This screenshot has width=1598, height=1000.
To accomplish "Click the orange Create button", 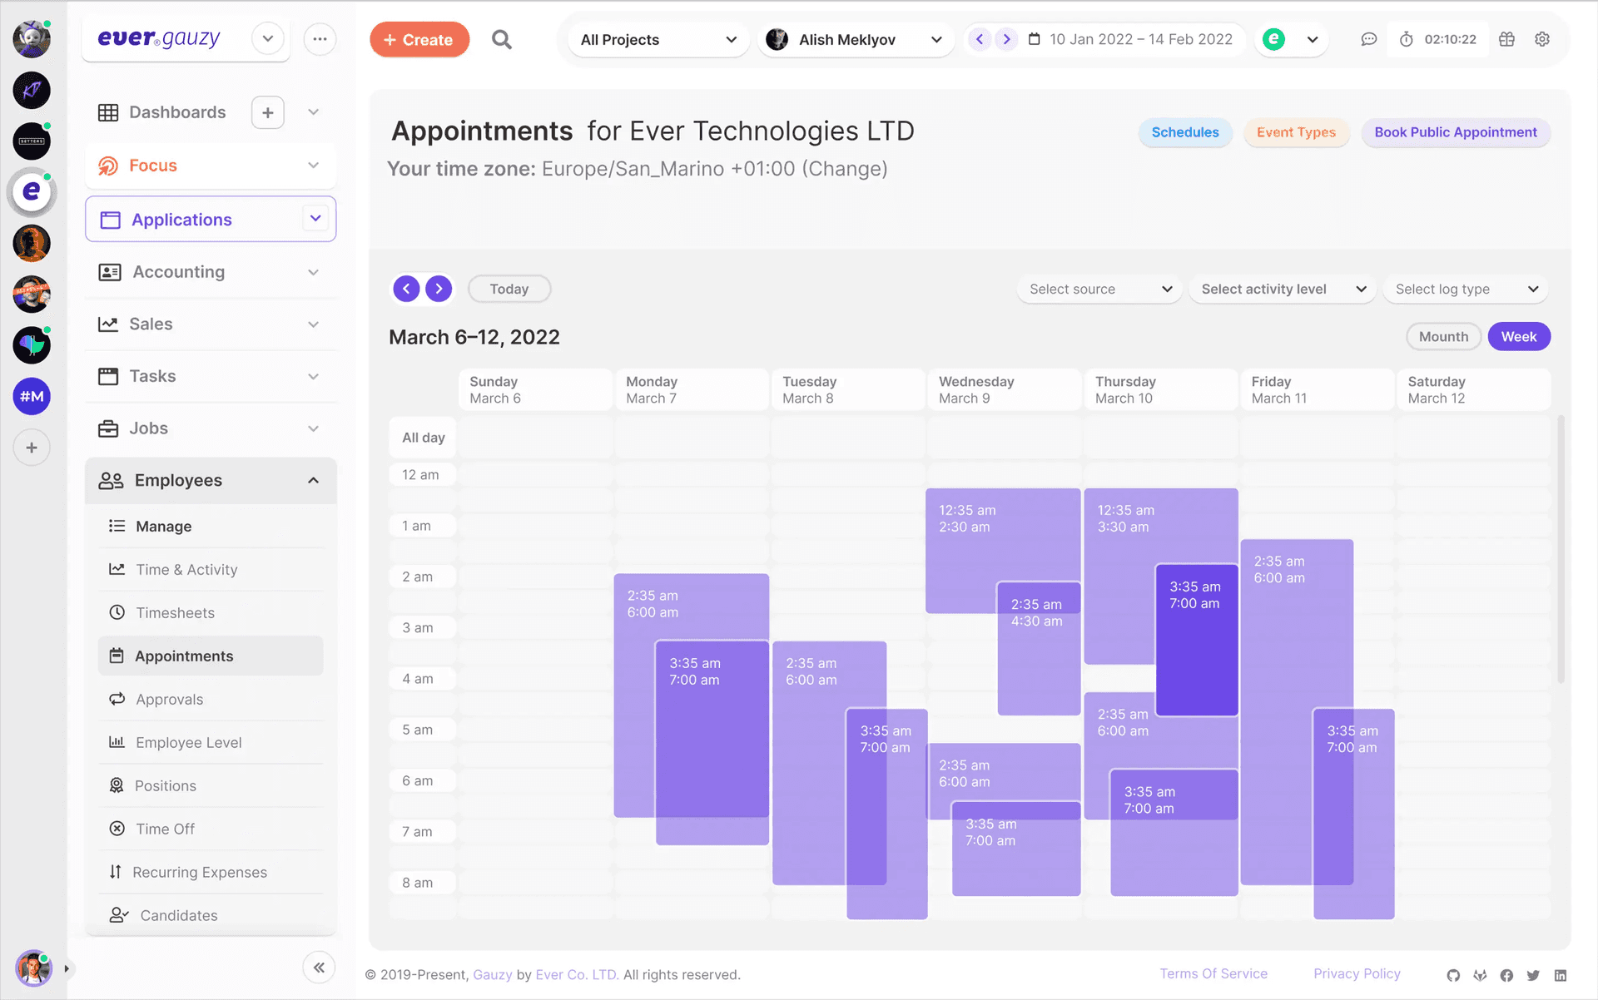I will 419,40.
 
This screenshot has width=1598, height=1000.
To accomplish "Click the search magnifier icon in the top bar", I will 501,40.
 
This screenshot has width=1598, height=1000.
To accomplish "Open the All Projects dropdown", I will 658,40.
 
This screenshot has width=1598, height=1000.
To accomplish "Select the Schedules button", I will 1184,132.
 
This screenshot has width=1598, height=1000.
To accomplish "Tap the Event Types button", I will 1296,132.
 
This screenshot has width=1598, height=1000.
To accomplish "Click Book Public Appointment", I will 1455,132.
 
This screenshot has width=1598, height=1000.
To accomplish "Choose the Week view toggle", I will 1518,337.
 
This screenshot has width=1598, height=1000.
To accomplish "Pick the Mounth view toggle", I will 1443,337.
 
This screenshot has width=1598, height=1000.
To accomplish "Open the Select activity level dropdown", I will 1283,290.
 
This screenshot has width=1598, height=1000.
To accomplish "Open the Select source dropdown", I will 1099,290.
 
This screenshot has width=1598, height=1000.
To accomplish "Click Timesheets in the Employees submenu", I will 175,613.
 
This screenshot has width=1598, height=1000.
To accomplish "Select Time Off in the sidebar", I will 165,829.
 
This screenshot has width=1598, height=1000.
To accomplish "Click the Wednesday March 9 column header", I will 1004,390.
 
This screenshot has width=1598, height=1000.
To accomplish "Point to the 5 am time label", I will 418,730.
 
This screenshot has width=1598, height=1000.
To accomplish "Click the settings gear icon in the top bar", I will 1542,40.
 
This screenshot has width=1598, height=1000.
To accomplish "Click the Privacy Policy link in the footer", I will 1357,974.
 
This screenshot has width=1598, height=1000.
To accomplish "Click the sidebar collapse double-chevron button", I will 319,968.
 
